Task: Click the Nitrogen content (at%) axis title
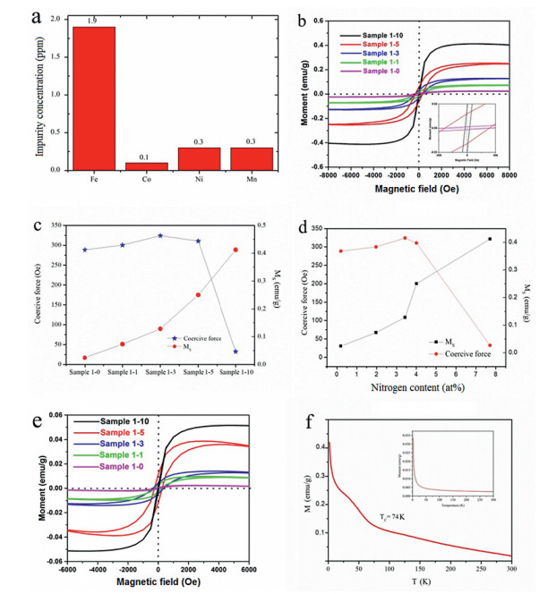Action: tap(421, 386)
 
